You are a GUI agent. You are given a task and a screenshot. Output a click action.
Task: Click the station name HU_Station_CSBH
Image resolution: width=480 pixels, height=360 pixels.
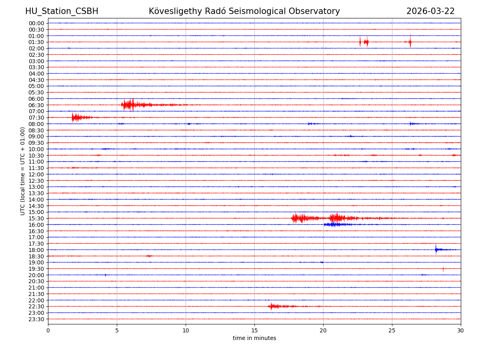click(62, 11)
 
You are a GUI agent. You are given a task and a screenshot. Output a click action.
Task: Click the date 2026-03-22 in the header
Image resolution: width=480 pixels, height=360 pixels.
click(430, 11)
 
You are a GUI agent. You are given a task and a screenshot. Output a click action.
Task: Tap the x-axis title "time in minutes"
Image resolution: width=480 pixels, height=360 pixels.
click(254, 338)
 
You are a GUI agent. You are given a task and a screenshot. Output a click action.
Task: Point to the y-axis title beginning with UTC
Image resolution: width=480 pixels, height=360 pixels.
click(23, 171)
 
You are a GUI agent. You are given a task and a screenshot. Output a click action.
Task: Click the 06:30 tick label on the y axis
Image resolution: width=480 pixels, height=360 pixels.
click(36, 105)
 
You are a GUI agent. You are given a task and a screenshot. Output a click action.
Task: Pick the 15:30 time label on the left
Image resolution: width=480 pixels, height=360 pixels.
click(36, 218)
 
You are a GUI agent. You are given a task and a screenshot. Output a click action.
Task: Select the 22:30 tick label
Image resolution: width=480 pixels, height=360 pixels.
click(36, 306)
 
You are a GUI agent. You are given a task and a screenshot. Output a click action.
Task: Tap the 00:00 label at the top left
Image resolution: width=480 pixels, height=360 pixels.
click(36, 23)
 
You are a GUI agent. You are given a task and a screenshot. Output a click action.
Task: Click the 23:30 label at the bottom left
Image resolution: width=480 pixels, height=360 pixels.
click(36, 319)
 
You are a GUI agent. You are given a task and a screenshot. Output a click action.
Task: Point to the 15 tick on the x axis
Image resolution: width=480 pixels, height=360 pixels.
click(254, 331)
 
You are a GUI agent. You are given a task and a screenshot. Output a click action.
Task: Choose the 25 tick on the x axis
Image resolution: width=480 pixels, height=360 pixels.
click(392, 331)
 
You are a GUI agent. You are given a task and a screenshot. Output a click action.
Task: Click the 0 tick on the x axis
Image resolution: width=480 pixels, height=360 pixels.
click(48, 331)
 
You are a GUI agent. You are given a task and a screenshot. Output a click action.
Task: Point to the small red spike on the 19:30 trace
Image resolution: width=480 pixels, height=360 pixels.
click(443, 269)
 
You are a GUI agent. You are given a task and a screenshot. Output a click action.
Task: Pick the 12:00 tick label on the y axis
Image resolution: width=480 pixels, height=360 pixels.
click(36, 174)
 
